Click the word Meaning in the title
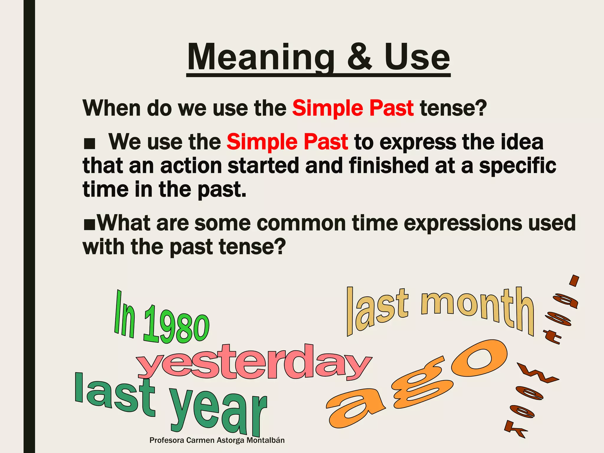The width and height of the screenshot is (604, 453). coord(261,58)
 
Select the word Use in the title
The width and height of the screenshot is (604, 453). coord(417,58)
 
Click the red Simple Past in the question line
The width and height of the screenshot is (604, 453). coord(353,109)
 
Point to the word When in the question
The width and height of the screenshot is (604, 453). coord(112,109)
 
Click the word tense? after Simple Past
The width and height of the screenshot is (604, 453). coord(453,109)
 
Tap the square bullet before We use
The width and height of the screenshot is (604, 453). coord(89,144)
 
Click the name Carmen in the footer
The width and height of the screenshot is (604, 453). coord(201,440)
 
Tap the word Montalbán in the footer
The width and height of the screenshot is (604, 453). coord(265,440)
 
